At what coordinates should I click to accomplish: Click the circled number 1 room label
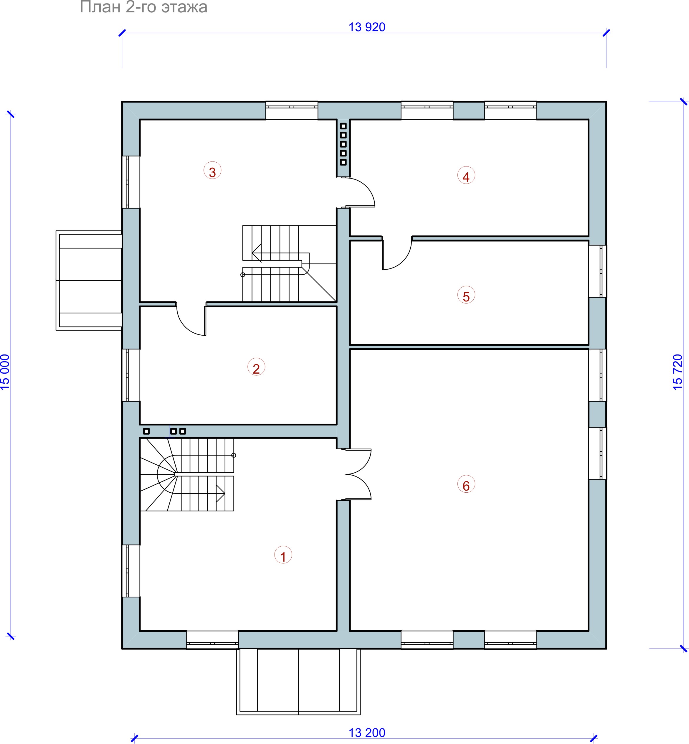click(283, 555)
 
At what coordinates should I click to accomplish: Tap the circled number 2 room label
click(256, 367)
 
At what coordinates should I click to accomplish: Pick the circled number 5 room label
click(466, 295)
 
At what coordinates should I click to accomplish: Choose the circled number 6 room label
click(466, 484)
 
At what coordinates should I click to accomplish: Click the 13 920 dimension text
click(367, 27)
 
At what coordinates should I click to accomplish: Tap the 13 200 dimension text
click(367, 733)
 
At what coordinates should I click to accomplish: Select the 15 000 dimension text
click(5, 372)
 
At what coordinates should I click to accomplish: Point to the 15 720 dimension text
click(678, 372)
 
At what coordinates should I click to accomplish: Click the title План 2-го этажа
click(143, 7)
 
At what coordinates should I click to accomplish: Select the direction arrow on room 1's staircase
click(221, 493)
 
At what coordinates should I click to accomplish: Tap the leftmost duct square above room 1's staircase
click(146, 431)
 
